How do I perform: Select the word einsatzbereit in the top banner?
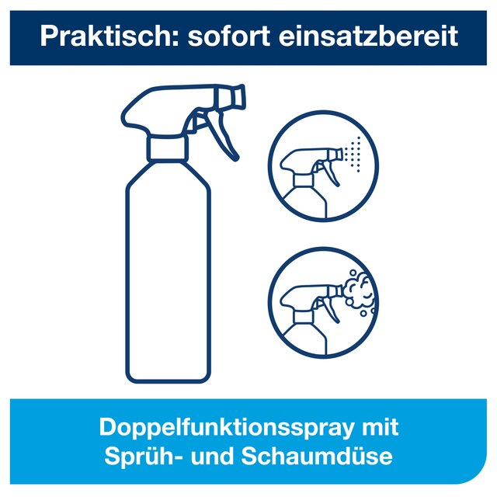(x=368, y=36)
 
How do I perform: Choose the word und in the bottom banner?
(x=211, y=457)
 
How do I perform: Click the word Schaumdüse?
(x=317, y=456)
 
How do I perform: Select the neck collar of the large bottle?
(x=168, y=148)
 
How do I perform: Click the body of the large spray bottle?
(x=168, y=273)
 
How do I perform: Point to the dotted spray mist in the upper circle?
(x=352, y=155)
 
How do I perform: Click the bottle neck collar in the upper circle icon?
(x=304, y=181)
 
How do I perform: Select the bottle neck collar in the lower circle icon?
(x=304, y=317)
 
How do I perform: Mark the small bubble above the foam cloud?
(x=353, y=273)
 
